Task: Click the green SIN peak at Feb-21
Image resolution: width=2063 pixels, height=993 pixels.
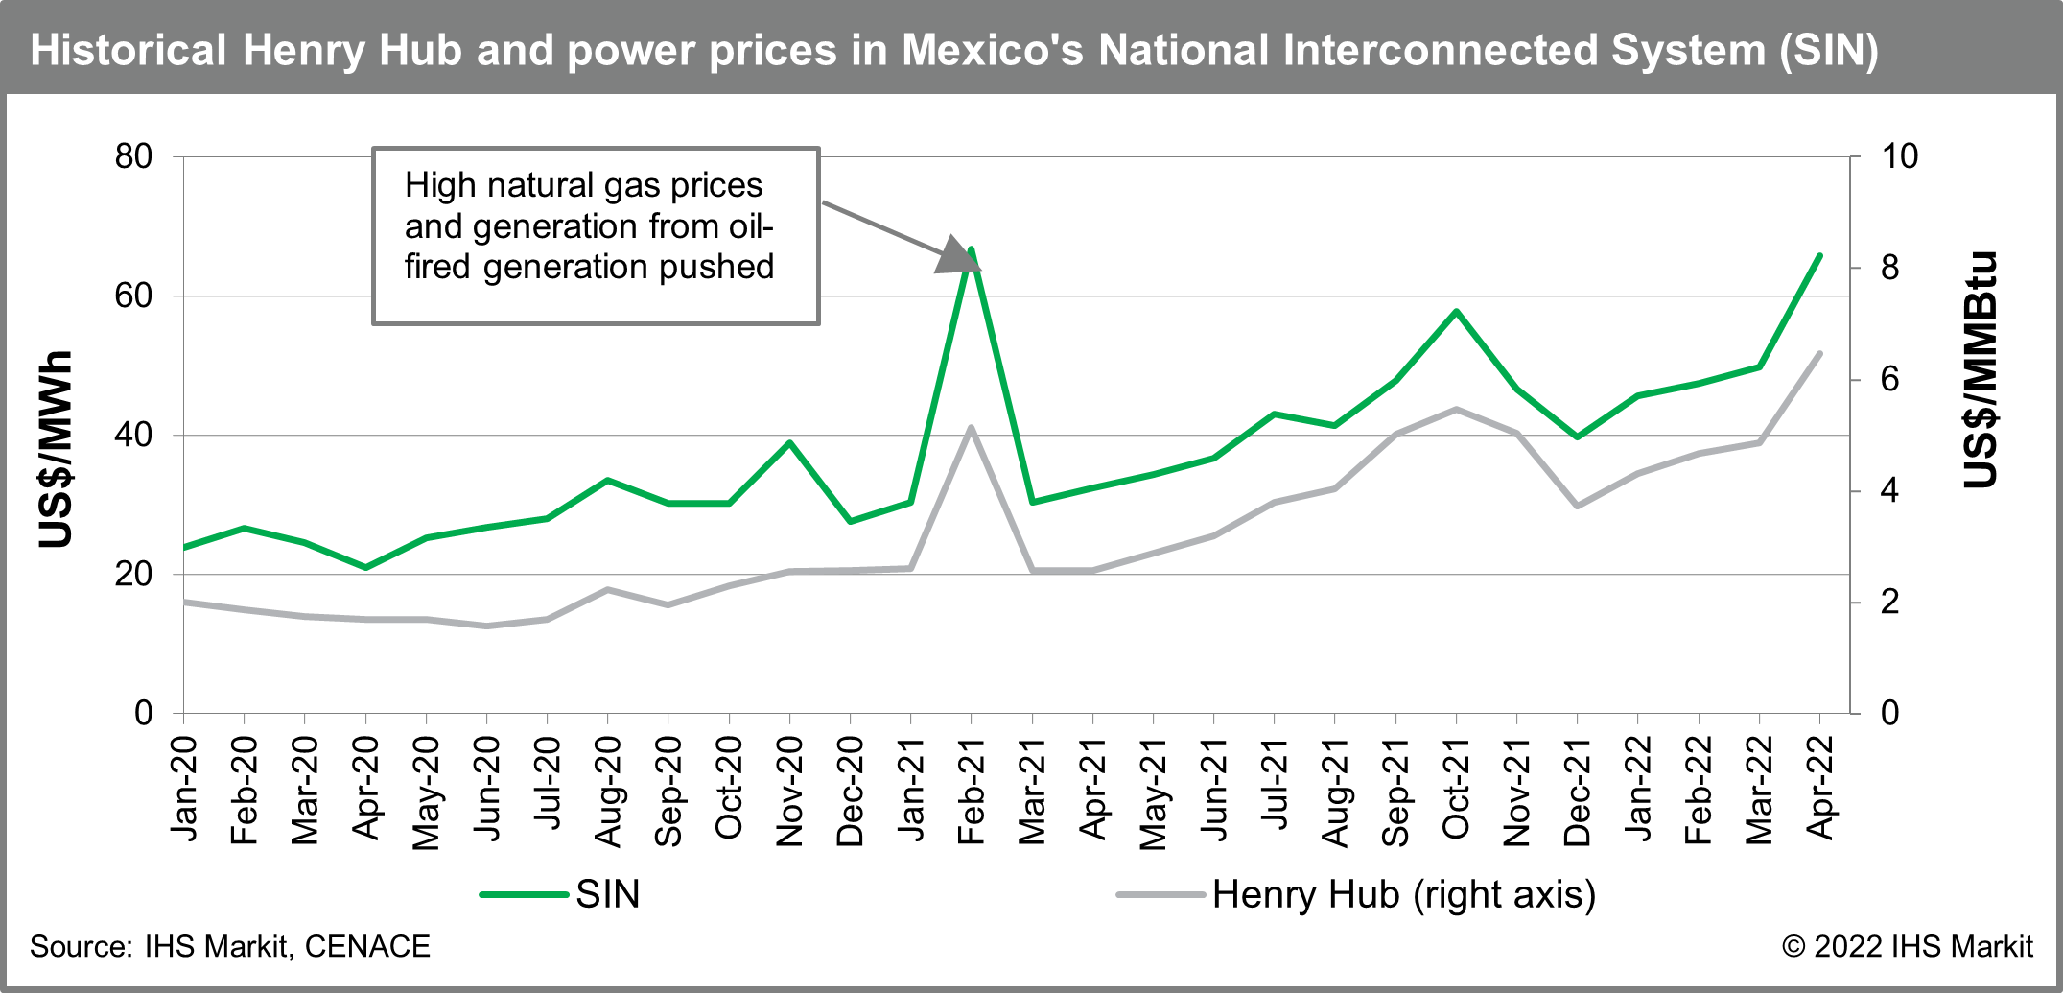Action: point(972,249)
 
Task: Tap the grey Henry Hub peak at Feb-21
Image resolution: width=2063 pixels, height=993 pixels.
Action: point(972,428)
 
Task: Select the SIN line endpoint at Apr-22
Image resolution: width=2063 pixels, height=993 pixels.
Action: point(1819,256)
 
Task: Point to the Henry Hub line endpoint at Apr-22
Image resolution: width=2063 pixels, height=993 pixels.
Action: point(1819,354)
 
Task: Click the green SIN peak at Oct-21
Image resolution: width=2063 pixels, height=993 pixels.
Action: point(1456,312)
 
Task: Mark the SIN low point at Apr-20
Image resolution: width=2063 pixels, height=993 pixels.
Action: point(365,567)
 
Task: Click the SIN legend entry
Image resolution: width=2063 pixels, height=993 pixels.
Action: point(606,894)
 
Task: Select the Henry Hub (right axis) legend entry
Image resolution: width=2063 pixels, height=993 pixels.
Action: point(1402,894)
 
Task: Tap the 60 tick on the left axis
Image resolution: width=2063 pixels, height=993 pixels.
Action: point(133,296)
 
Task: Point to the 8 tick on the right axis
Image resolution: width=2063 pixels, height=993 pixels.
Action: point(1889,268)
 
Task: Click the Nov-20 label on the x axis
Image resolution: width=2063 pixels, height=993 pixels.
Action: point(789,792)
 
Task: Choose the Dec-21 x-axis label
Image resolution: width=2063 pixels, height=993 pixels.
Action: point(1577,792)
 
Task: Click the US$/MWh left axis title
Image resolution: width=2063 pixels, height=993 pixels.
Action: point(57,449)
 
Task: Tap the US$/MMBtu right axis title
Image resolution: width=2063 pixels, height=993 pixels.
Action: point(1981,369)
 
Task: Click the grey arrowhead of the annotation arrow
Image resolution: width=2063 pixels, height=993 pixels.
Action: point(957,255)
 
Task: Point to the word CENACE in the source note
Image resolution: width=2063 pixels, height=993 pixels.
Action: point(367,947)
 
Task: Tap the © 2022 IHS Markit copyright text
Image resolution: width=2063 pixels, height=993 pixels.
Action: point(1907,947)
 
